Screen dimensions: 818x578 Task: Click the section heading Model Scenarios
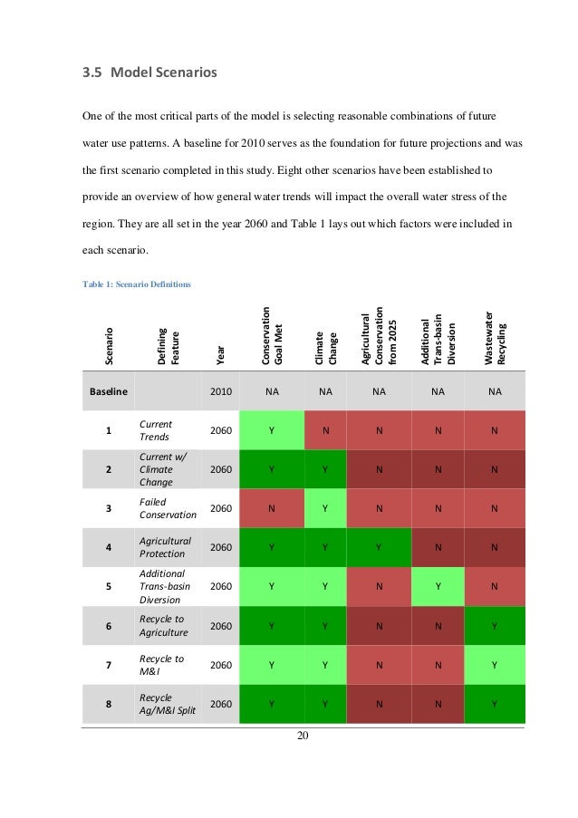pos(149,73)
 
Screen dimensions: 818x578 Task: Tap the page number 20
pos(303,735)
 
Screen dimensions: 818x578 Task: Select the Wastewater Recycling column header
pos(496,338)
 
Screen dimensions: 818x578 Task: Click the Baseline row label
pos(109,393)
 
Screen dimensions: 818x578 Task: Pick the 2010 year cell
pos(221,393)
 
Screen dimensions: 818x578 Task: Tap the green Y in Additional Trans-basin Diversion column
pos(438,585)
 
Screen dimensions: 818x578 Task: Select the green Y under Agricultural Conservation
pos(379,546)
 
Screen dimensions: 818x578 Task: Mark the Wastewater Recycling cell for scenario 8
pos(495,703)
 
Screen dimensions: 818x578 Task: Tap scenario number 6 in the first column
pos(109,625)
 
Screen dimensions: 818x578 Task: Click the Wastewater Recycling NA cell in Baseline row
pos(495,393)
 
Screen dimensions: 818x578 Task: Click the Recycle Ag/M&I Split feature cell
pos(167,703)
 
